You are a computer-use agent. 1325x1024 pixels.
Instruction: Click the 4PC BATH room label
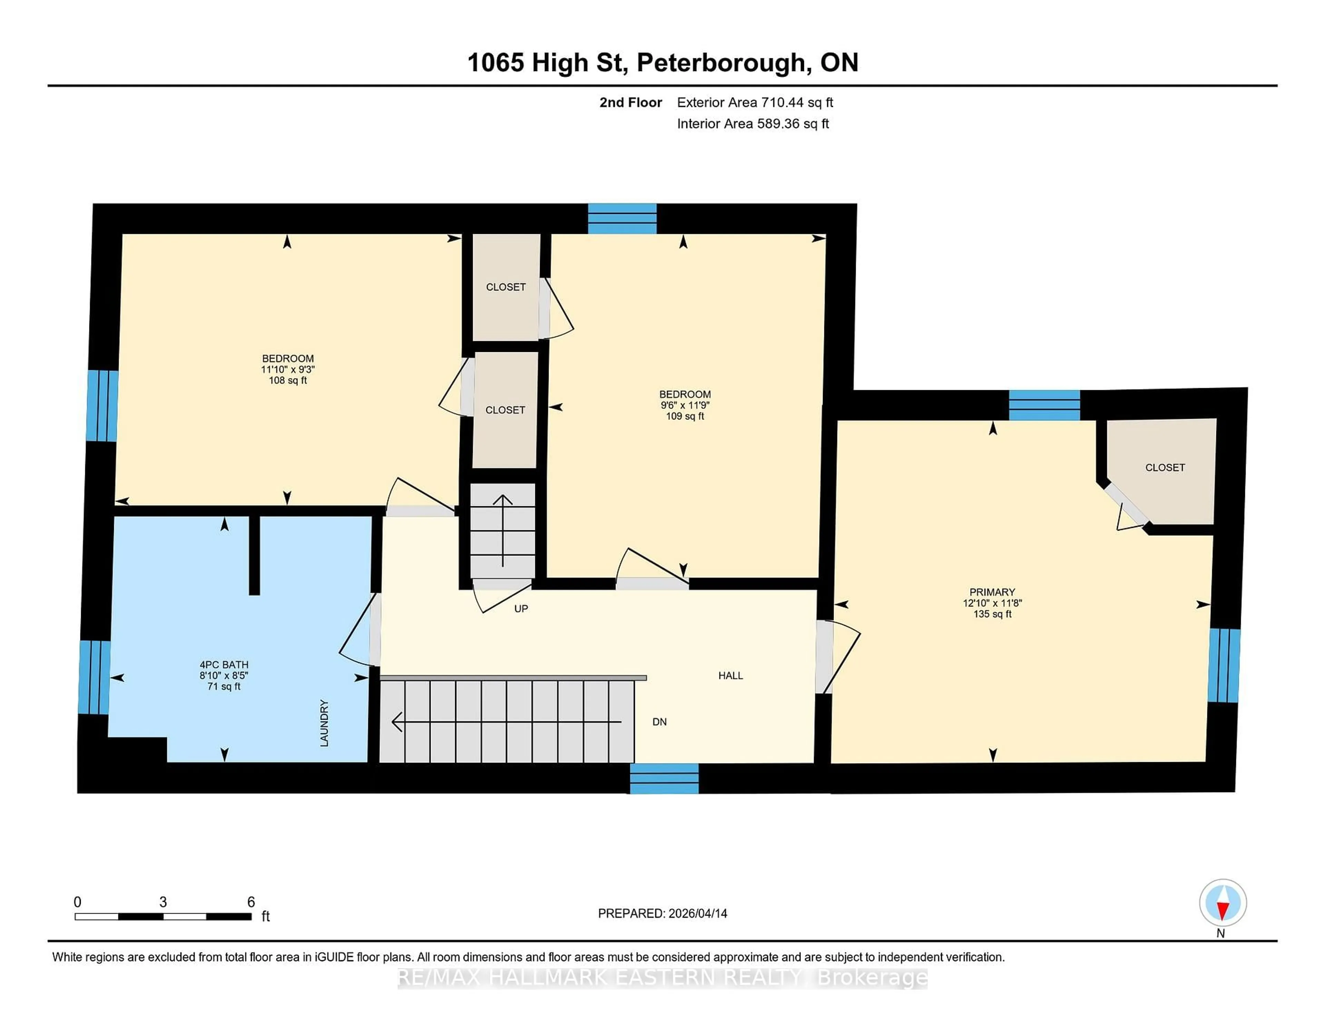pyautogui.click(x=224, y=664)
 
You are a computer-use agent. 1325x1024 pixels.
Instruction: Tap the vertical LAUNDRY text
pyautogui.click(x=324, y=723)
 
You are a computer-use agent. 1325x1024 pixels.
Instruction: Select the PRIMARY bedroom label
pyautogui.click(x=992, y=592)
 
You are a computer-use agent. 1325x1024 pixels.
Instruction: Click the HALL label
pyautogui.click(x=730, y=676)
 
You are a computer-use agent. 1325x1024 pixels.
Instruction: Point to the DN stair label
pyautogui.click(x=659, y=722)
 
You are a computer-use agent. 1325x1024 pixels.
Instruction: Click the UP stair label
pyautogui.click(x=521, y=609)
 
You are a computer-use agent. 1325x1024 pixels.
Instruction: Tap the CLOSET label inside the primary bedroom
pyautogui.click(x=1164, y=468)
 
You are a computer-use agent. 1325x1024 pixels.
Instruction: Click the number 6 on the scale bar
pyautogui.click(x=251, y=902)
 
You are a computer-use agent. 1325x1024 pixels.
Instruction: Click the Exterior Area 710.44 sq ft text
pyautogui.click(x=755, y=102)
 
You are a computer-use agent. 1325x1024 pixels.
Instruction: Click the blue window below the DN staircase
pyautogui.click(x=664, y=778)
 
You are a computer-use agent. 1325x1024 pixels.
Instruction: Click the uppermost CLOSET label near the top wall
pyautogui.click(x=506, y=287)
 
